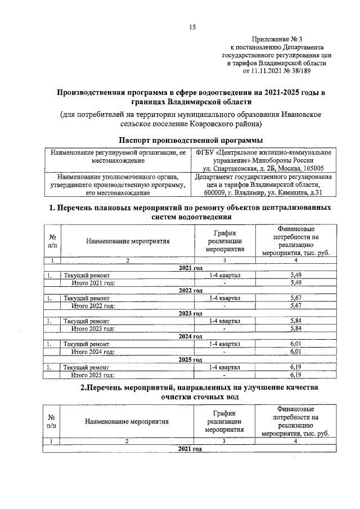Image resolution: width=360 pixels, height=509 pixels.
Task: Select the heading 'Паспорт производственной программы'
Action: coord(191,139)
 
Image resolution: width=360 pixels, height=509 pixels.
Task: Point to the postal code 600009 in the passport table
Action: coord(215,193)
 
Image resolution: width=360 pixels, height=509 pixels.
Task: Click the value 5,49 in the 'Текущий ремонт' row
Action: coord(296,274)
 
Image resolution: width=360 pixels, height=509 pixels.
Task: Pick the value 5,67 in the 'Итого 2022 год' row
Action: coord(296,305)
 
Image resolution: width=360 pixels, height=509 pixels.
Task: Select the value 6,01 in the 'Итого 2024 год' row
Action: coord(296,352)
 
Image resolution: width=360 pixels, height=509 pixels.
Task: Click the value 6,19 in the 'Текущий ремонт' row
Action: coord(296,367)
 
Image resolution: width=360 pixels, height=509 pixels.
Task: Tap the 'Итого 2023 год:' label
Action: coord(93,328)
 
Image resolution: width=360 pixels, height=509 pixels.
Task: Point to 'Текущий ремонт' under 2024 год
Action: coord(86,344)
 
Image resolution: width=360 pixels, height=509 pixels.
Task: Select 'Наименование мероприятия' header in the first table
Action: coord(128,240)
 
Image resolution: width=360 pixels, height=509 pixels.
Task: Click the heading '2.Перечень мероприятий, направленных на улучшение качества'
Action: coord(191,388)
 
